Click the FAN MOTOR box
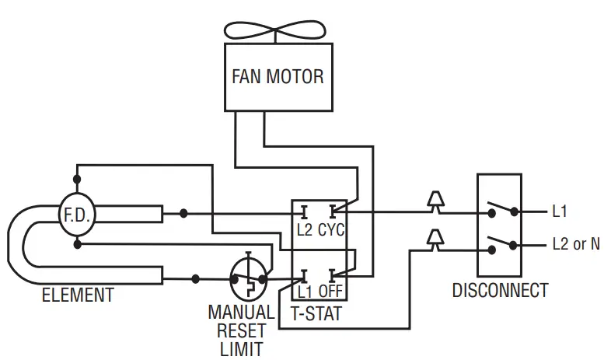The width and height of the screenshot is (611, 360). click(278, 77)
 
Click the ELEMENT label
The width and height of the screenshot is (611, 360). click(77, 295)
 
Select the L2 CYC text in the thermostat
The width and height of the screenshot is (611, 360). click(320, 231)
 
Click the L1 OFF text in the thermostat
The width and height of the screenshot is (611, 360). click(320, 293)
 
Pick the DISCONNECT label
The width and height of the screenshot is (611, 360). click(500, 291)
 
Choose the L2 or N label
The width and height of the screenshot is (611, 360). click(575, 244)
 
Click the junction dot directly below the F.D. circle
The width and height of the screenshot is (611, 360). click(77, 243)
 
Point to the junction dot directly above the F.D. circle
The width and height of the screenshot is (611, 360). click(77, 184)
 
